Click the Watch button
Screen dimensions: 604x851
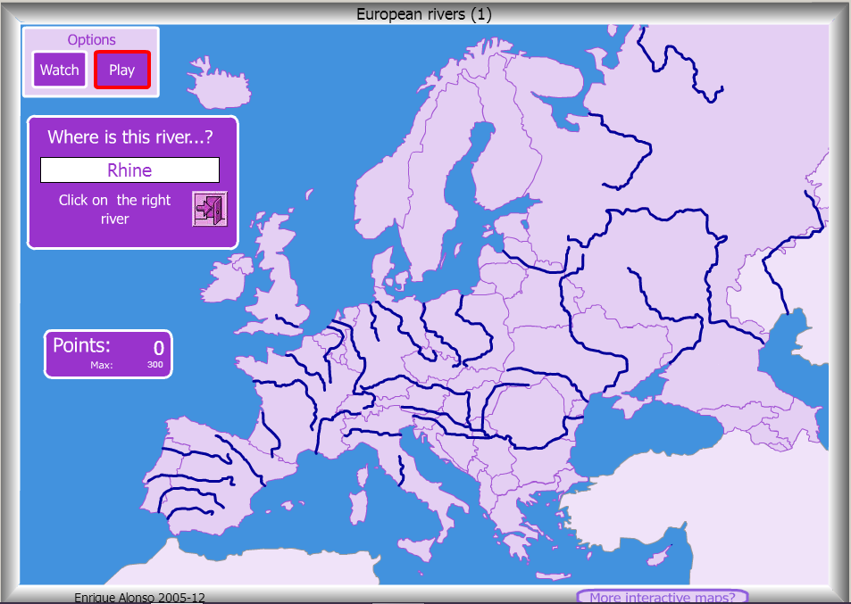point(60,70)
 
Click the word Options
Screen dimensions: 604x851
point(92,40)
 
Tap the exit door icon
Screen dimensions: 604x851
point(210,209)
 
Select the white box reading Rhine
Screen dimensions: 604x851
point(129,170)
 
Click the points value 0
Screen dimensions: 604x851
point(158,348)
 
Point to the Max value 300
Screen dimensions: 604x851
point(155,365)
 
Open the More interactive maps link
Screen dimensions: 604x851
point(662,597)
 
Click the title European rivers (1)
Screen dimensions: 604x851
point(423,13)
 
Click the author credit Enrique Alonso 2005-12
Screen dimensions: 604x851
point(146,597)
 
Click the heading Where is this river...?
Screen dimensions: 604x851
point(130,137)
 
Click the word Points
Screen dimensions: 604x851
point(81,346)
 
